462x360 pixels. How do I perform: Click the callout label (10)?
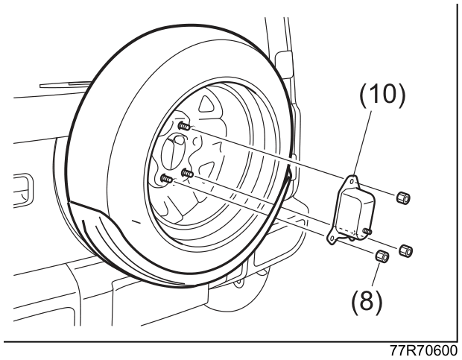[x=382, y=95]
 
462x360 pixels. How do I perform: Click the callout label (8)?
[x=367, y=301]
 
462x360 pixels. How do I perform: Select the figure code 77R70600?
[x=424, y=351]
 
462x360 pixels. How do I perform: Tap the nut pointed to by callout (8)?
[x=382, y=256]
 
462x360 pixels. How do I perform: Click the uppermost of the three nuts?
[x=403, y=198]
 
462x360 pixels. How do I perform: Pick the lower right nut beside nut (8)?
[x=405, y=250]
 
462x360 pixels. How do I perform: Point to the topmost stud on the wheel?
[x=185, y=127]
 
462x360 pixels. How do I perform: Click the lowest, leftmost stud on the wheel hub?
[x=167, y=178]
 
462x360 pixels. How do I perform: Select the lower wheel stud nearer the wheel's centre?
[x=187, y=173]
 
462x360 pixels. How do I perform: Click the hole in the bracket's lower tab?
[x=332, y=238]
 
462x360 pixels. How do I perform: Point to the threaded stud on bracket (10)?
[x=367, y=230]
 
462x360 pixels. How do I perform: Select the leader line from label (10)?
[x=362, y=141]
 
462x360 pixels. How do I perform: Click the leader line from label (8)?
[x=376, y=274]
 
